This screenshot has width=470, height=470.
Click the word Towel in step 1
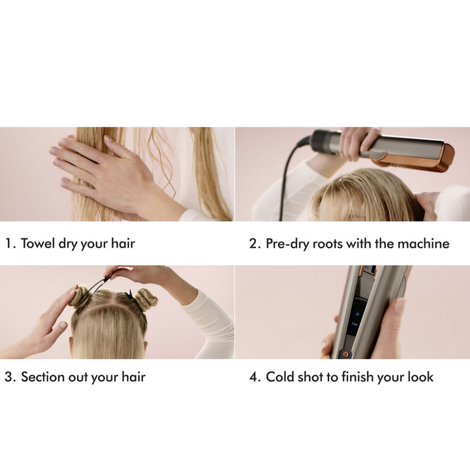click(38, 243)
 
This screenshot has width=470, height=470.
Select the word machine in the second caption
click(423, 243)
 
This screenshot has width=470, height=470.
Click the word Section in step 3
click(43, 377)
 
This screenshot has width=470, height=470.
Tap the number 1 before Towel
click(9, 243)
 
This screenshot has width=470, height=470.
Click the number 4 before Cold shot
click(255, 377)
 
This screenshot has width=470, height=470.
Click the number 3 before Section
click(10, 377)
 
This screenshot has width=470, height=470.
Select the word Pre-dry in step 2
click(287, 244)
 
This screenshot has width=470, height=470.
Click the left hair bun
click(79, 296)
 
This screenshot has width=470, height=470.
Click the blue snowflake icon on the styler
click(357, 314)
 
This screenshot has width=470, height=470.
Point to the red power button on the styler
click(345, 354)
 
